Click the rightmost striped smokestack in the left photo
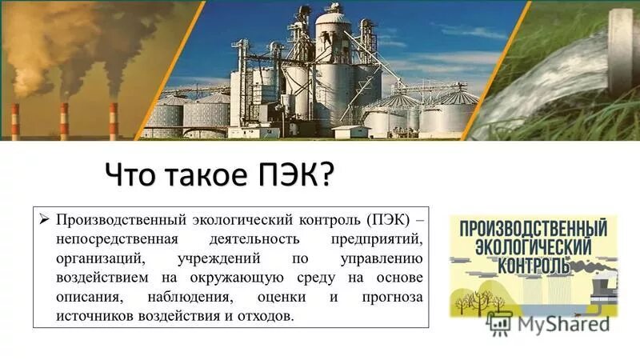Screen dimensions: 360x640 [x=114, y=121]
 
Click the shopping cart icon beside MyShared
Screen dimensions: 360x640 [x=500, y=322]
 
